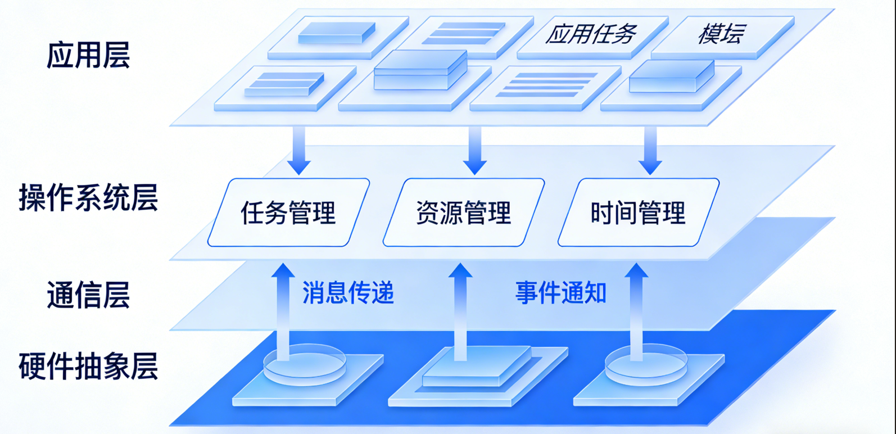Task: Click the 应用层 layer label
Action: click(x=88, y=55)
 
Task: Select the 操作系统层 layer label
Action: click(x=88, y=198)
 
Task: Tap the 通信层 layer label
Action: click(x=88, y=295)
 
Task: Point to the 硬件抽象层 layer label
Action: click(x=88, y=367)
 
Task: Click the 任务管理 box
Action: click(x=288, y=213)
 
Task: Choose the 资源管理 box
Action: click(x=464, y=213)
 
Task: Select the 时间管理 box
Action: click(x=638, y=213)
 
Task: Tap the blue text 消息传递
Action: click(x=348, y=293)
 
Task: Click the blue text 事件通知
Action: click(x=560, y=293)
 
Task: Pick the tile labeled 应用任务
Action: click(x=591, y=35)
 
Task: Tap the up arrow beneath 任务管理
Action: click(x=283, y=309)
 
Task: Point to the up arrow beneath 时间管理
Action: click(x=636, y=309)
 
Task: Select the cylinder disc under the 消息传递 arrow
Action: click(x=305, y=368)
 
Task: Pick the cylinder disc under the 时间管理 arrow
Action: click(x=646, y=368)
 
